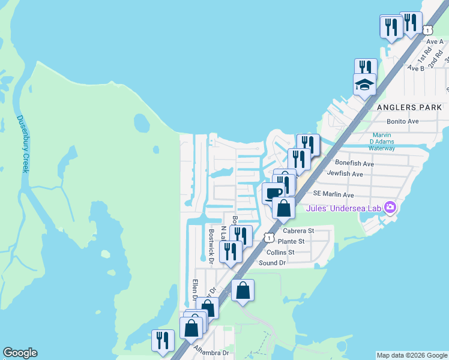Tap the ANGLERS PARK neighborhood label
(x=408, y=107)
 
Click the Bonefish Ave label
(x=354, y=163)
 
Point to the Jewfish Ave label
(x=345, y=174)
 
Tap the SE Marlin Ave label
(x=334, y=194)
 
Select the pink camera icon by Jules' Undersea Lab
(x=391, y=208)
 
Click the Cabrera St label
(x=298, y=230)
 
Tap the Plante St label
(x=291, y=241)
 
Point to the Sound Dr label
(x=272, y=263)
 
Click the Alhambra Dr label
(x=212, y=353)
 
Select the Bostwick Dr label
(x=211, y=245)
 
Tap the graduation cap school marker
(x=364, y=85)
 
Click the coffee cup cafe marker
(x=274, y=193)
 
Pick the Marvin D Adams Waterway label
(x=382, y=142)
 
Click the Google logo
(x=20, y=353)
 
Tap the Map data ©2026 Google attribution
(x=412, y=355)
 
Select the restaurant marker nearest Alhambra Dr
(x=163, y=341)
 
